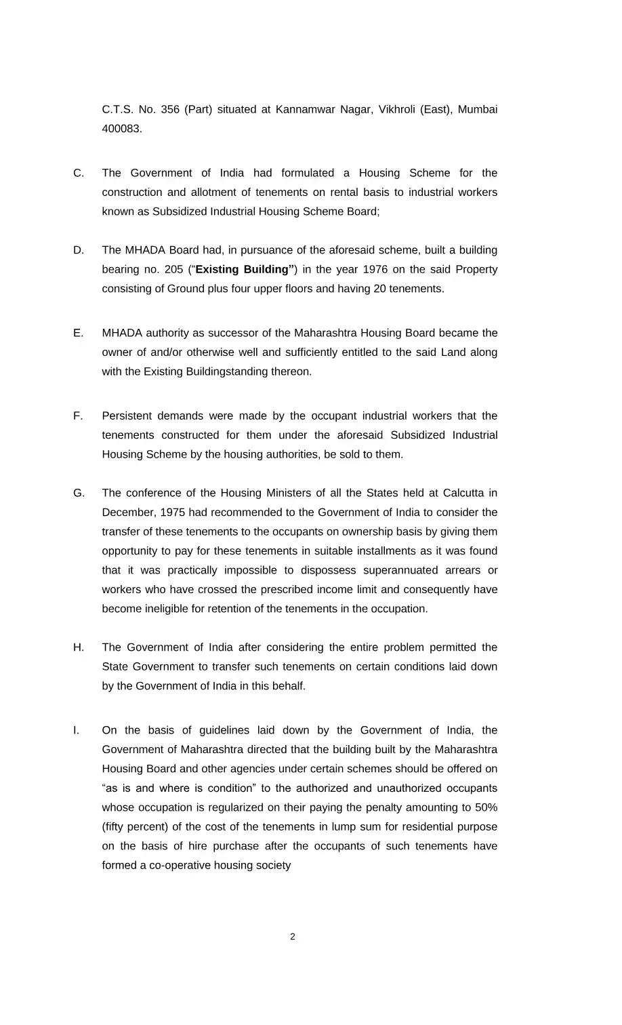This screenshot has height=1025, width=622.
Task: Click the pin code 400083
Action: click(x=122, y=129)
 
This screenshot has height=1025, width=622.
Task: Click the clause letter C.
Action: click(x=79, y=173)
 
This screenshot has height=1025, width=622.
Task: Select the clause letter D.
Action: click(x=79, y=250)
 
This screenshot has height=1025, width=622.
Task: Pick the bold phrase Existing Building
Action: click(x=244, y=270)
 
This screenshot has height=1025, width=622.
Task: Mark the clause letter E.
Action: click(x=79, y=333)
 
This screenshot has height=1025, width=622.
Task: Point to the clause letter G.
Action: click(x=79, y=493)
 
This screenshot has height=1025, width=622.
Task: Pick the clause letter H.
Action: click(x=79, y=647)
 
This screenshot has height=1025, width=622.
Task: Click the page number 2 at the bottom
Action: click(x=293, y=937)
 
